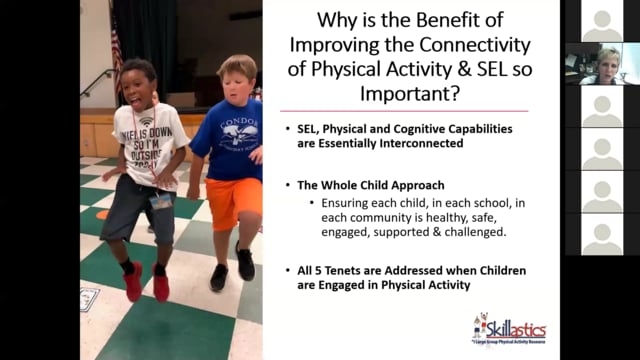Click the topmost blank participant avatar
click(602, 21)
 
